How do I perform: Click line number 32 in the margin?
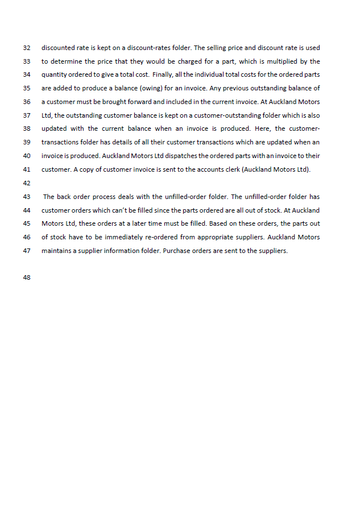coord(26,48)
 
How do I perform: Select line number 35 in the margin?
coord(26,89)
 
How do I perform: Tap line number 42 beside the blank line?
coord(26,183)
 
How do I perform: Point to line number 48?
coord(26,277)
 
